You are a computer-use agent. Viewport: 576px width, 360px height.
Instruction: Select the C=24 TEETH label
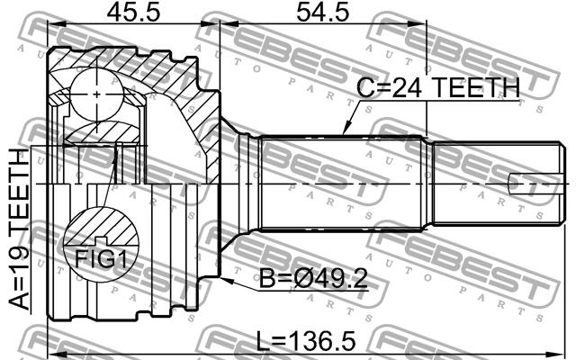pos(438,88)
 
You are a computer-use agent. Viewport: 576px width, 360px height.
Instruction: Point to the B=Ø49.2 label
pos(313,278)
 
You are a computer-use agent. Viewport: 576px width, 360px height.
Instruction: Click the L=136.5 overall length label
pos(306,340)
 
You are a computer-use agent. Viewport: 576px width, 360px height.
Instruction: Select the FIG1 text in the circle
pos(101,258)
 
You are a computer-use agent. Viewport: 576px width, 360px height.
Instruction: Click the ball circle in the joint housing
pos(96,94)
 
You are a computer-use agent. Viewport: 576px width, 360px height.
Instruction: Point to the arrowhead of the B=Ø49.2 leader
pos(226,280)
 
